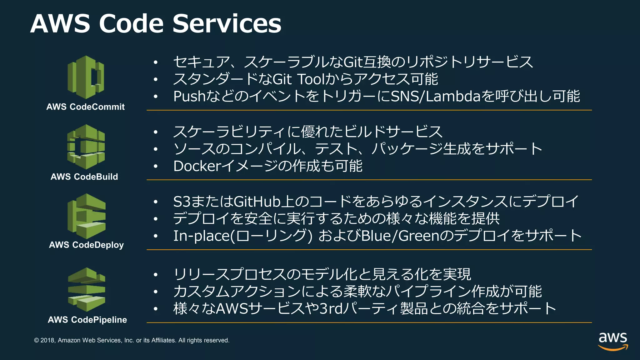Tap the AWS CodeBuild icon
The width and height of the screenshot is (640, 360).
tap(86, 147)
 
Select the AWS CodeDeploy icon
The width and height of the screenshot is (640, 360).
tap(86, 216)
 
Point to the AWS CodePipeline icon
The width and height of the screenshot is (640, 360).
tap(87, 289)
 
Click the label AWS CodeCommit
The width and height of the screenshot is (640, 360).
tap(85, 107)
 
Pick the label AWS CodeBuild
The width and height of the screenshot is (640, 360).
tap(84, 177)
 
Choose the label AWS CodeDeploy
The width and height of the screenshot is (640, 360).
tap(86, 245)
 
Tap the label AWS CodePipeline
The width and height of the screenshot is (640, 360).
tap(87, 320)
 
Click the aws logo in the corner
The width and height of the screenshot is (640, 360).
tap(613, 341)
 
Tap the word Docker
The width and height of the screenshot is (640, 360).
tap(197, 166)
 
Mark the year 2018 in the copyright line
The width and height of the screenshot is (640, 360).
tap(47, 340)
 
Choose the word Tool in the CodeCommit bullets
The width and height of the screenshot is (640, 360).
tap(311, 79)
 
